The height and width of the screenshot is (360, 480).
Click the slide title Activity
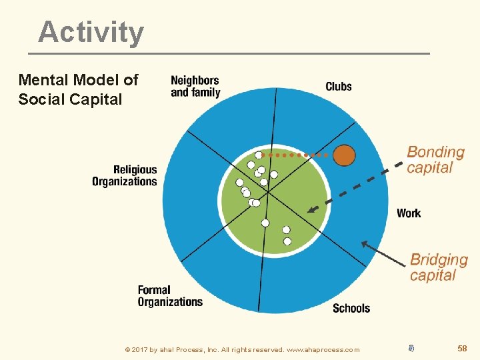point(91,32)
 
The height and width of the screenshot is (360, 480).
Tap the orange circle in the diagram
point(344,155)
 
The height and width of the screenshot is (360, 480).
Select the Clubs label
point(338,87)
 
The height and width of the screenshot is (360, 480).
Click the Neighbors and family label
point(195,87)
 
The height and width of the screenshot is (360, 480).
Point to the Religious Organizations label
point(125,176)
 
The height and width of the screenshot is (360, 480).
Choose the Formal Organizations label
point(170,296)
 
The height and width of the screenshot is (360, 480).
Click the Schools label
point(351,308)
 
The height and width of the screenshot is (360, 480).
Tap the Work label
point(409,213)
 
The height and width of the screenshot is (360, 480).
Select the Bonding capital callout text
point(435,160)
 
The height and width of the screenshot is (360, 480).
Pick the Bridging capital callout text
point(439,267)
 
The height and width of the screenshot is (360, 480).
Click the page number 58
point(462,348)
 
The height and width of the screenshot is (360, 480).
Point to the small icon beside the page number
point(411,347)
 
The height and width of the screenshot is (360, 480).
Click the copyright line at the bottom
point(242,349)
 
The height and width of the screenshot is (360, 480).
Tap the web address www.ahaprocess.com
point(323,349)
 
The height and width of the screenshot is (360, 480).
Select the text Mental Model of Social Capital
point(78,90)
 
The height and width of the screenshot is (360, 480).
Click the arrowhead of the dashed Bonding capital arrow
point(310,210)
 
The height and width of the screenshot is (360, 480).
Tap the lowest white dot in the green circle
point(287,241)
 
